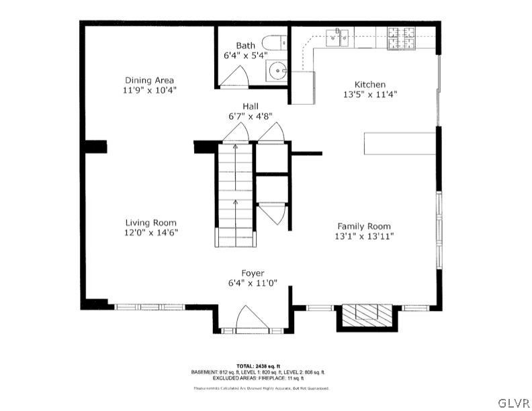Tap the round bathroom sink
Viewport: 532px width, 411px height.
click(275, 70)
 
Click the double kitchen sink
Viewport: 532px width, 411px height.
click(338, 38)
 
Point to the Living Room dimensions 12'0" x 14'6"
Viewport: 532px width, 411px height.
click(150, 232)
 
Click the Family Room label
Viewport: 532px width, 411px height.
click(363, 226)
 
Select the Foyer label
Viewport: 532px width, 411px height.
click(253, 273)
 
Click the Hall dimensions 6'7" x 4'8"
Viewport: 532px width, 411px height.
click(251, 116)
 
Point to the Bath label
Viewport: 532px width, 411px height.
click(245, 46)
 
